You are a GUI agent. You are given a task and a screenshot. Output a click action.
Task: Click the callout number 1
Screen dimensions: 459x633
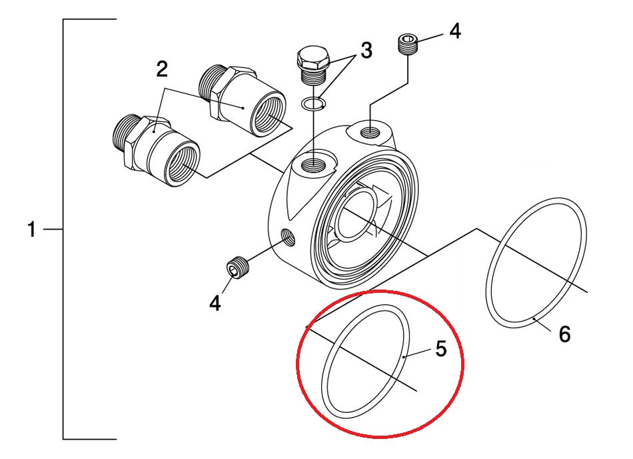31,231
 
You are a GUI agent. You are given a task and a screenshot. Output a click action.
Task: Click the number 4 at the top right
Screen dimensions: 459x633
454,31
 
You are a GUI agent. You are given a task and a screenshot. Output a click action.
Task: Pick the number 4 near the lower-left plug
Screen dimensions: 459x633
215,304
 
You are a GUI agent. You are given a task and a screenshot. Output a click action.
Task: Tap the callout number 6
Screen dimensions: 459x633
564,334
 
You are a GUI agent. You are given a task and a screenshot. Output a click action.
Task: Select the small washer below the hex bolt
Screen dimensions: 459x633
311,103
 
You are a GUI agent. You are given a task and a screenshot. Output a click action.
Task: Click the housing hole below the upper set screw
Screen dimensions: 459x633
368,133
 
